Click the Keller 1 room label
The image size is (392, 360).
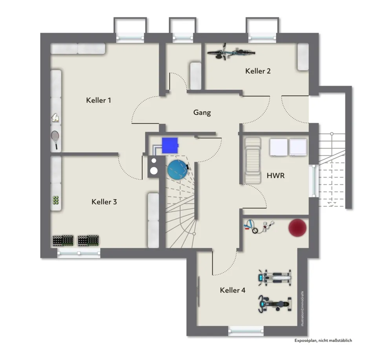click(x=98, y=100)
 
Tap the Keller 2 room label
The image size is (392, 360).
click(x=258, y=71)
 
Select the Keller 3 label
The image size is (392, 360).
click(x=104, y=202)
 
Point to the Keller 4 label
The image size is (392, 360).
click(x=233, y=290)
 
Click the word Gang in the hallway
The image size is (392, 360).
click(x=202, y=113)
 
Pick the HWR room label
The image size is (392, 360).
click(x=275, y=175)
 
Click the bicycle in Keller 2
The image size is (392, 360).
click(x=231, y=52)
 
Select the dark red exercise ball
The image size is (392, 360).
click(x=297, y=227)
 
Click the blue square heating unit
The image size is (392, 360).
click(x=170, y=145)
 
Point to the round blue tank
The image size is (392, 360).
click(x=177, y=170)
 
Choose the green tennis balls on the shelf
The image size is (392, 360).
click(x=55, y=200)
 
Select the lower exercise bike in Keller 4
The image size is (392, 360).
click(x=275, y=304)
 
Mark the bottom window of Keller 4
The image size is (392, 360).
click(x=246, y=331)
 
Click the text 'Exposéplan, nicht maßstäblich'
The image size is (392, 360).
click(x=323, y=340)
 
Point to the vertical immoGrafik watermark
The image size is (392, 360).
click(x=302, y=309)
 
